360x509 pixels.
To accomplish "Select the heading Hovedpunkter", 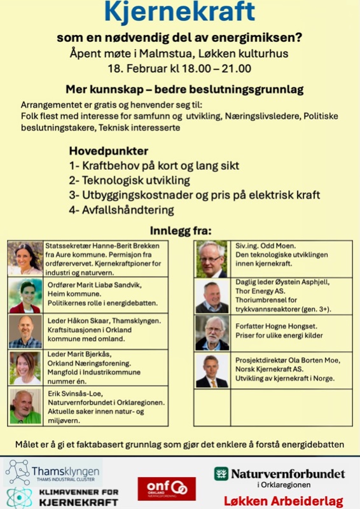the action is (109, 151).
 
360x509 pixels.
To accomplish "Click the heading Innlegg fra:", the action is (181, 230).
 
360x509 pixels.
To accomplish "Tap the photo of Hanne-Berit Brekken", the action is (25, 258).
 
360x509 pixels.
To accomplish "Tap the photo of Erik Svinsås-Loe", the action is (25, 407).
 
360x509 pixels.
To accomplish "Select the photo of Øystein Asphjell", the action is (212, 296).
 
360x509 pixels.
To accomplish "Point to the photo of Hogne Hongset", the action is (212, 333).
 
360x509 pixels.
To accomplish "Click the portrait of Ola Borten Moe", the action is (212, 371).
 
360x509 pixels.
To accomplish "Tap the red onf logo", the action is (167, 489).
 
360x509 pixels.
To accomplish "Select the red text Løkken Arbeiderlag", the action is (284, 501).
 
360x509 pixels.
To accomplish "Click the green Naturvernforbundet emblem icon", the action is (221, 473).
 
